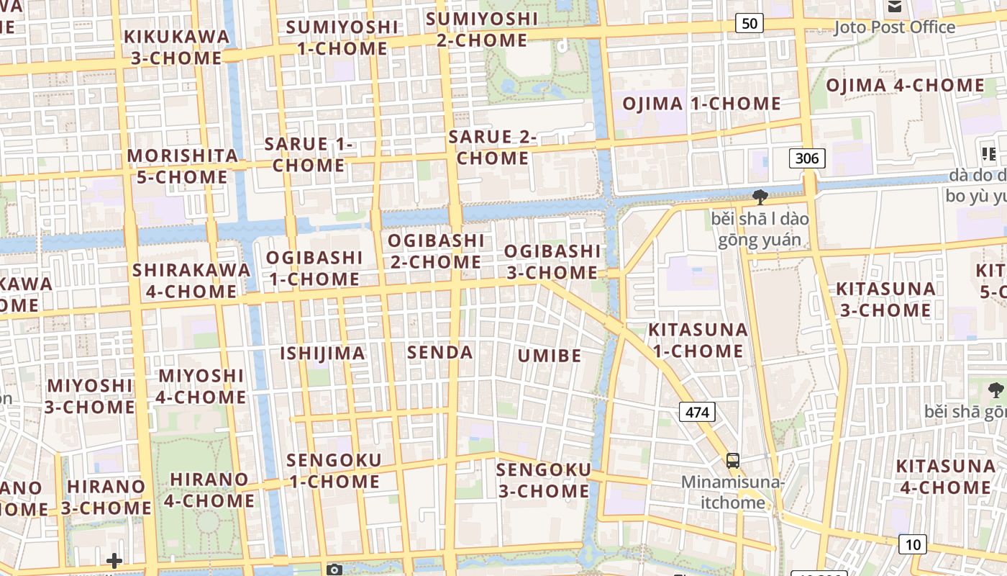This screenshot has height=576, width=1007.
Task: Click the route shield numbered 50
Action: coord(749,23)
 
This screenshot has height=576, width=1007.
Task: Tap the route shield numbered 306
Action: coord(807,158)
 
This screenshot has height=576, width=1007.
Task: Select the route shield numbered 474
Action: coord(697,412)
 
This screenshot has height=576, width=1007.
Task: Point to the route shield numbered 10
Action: coord(912,544)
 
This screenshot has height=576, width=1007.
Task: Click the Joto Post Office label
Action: coord(894,27)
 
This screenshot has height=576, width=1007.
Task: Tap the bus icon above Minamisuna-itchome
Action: coord(732,461)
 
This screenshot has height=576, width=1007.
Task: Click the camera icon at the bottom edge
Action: coord(334,570)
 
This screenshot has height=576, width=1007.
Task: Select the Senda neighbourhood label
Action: coord(440,352)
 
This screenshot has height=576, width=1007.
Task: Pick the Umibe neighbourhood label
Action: coord(550,355)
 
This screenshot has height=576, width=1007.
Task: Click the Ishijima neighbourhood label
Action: coord(322,353)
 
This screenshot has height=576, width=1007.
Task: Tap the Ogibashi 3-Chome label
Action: coord(552,261)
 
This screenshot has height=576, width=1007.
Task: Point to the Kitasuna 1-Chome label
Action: coord(698,340)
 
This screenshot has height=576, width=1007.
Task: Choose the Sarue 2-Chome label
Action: coord(493,147)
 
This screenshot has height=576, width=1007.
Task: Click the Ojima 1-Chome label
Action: coord(701,103)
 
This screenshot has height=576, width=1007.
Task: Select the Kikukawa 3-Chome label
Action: coord(177,47)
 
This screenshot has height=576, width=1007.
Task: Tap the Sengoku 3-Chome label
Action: coord(544,480)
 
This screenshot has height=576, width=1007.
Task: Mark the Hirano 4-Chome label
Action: coord(209,490)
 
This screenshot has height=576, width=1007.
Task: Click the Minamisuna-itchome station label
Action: coord(733,492)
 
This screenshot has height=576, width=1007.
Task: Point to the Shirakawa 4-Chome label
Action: coord(191,281)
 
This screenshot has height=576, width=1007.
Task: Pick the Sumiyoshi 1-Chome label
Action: coord(342,37)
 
